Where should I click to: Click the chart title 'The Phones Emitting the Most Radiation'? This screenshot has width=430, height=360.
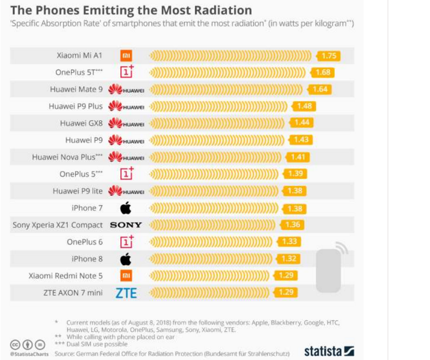pyautogui.click(x=131, y=10)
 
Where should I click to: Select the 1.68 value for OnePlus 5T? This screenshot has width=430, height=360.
pyautogui.click(x=323, y=72)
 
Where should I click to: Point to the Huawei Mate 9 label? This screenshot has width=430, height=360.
pyautogui.click(x=76, y=89)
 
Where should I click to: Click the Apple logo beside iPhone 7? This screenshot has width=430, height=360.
pyautogui.click(x=126, y=208)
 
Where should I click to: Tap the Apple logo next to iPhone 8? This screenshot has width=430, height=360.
pyautogui.click(x=126, y=259)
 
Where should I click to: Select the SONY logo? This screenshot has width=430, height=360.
pyautogui.click(x=126, y=225)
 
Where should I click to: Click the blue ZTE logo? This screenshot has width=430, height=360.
pyautogui.click(x=126, y=293)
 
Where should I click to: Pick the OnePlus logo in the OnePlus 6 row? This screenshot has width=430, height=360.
pyautogui.click(x=126, y=242)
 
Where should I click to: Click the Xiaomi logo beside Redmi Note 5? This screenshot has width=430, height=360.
pyautogui.click(x=126, y=276)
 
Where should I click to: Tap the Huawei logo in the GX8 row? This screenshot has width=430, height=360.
pyautogui.click(x=126, y=123)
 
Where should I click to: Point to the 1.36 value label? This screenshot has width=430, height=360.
pyautogui.click(x=291, y=225)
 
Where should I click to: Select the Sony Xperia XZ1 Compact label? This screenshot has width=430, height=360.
pyautogui.click(x=57, y=225)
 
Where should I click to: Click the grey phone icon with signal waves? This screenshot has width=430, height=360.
pyautogui.click(x=330, y=267)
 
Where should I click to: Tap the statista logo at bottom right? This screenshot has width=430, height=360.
pyautogui.click(x=329, y=351)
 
